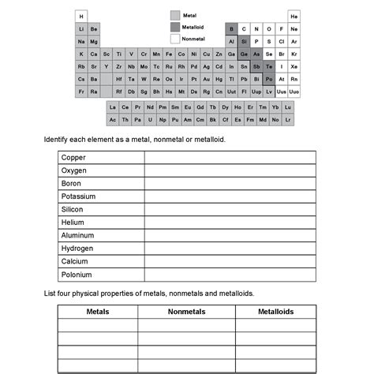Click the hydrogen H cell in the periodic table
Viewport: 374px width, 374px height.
[x=82, y=17]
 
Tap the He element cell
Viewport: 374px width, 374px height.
[x=294, y=17]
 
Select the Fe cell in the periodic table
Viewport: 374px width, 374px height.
[x=169, y=54]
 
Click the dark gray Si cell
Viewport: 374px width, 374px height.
[x=244, y=41]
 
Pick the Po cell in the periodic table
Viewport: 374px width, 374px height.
[x=269, y=79]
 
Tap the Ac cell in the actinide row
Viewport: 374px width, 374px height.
[x=113, y=120]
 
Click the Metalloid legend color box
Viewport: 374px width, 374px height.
[x=174, y=27]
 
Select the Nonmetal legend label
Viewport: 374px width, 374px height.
[x=194, y=39]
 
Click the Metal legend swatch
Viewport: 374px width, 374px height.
[x=174, y=15]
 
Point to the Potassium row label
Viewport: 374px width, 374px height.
[x=78, y=196]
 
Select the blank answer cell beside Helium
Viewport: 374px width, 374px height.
[x=230, y=223]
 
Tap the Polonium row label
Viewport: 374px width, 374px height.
[x=77, y=275]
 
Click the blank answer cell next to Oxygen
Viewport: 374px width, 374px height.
[x=230, y=170]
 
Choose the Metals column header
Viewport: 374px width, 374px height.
[x=98, y=312]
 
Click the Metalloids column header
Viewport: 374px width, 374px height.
[x=275, y=312]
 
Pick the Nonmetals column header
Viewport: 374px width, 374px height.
[x=186, y=312]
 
